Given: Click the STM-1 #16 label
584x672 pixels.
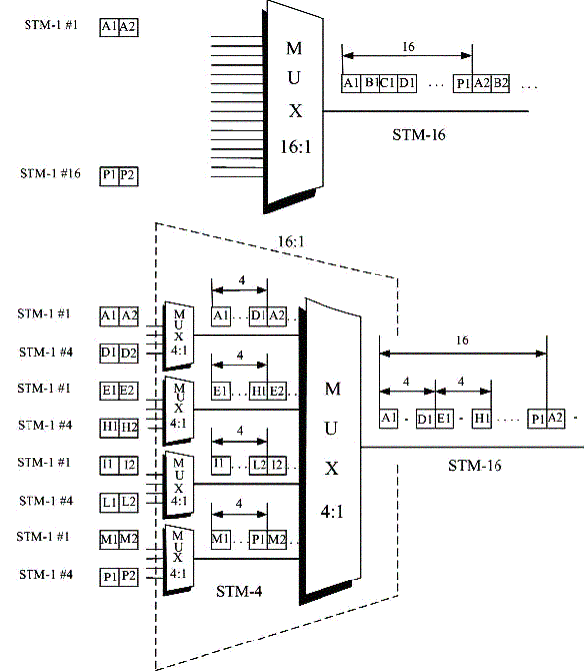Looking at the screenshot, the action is point(50,173).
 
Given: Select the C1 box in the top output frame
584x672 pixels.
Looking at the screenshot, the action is point(388,84).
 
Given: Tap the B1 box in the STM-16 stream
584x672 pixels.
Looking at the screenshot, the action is point(370,84).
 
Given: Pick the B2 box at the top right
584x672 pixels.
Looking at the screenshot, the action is point(500,84).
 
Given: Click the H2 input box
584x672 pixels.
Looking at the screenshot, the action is point(129,428).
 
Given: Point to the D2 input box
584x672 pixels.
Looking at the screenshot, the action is point(129,353).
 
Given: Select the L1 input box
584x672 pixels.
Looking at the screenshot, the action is point(109,502).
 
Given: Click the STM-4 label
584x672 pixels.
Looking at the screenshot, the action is point(239,592).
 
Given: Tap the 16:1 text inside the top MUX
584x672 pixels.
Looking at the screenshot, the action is point(295,147).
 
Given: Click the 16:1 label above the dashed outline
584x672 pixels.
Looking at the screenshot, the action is point(291,242).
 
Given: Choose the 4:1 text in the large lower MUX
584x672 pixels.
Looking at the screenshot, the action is point(332,511).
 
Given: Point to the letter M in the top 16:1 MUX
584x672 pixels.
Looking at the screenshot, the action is point(294,48).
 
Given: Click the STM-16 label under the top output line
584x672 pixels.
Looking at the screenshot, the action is point(419,135).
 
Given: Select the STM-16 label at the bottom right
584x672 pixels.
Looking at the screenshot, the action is point(475,465).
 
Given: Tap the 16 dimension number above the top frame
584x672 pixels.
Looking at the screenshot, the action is point(408,46).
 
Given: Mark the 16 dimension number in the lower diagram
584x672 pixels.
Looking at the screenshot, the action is point(462,340).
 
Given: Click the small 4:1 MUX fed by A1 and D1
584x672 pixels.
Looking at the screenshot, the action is point(179,336).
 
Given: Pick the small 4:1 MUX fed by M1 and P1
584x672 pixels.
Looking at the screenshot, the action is point(179,560).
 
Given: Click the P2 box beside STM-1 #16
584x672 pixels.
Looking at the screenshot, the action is point(129,176).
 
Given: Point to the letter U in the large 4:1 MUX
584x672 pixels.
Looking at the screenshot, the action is point(331,429).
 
